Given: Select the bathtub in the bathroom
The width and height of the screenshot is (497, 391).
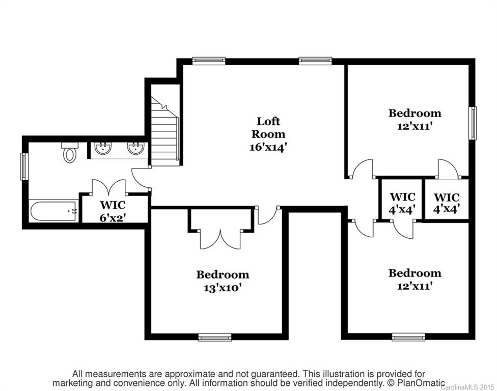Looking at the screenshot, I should tap(53, 211).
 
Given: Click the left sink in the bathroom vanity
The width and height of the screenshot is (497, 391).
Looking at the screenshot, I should tap(104, 149).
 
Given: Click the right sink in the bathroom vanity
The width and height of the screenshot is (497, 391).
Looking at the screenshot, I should tap(135, 149).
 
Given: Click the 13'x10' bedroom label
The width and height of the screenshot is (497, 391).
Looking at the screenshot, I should tap(223, 281).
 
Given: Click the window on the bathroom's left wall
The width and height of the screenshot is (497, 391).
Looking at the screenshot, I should tap(23, 166).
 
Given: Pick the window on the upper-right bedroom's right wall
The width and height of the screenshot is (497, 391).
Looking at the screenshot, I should tap(473, 123).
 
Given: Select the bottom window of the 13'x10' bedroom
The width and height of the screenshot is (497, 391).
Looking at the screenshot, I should tap(214, 337).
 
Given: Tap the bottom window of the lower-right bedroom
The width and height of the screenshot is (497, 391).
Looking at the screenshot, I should tap(408, 337).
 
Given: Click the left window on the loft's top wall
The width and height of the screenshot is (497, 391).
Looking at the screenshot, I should tap(209, 61).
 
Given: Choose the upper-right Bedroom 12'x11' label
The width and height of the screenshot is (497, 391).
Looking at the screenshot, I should tap(415, 119).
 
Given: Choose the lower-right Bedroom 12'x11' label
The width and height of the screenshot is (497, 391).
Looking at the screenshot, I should tap(415, 279).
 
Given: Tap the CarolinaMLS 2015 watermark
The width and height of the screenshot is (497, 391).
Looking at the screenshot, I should tap(468, 387).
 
